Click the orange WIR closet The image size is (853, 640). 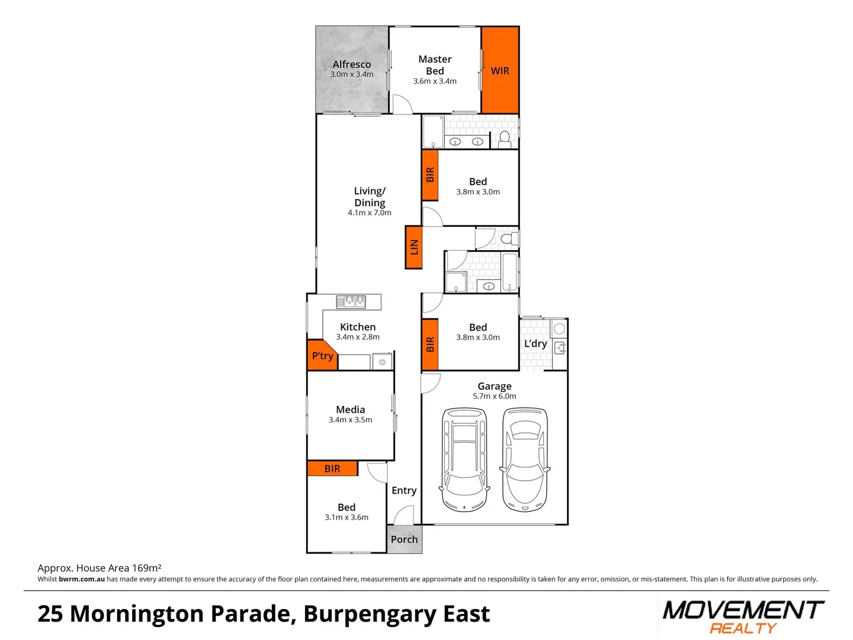pyautogui.click(x=500, y=70)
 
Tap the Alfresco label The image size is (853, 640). pyautogui.click(x=351, y=64)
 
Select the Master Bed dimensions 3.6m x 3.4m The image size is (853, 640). pyautogui.click(x=435, y=81)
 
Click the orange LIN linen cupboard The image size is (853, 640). pyautogui.click(x=413, y=247)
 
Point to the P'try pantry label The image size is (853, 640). pyautogui.click(x=322, y=356)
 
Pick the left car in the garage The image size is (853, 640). pyautogui.click(x=464, y=459)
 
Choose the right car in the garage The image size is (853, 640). pyautogui.click(x=525, y=459)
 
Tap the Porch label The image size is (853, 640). pyautogui.click(x=404, y=539)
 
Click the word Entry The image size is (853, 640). pyautogui.click(x=404, y=490)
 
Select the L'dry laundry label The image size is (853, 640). pyautogui.click(x=535, y=344)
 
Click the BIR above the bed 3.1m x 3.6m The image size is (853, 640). pyautogui.click(x=332, y=469)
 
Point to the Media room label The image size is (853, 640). pyautogui.click(x=351, y=409)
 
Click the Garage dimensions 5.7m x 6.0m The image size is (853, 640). pyautogui.click(x=495, y=396)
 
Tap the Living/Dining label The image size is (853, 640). pyautogui.click(x=370, y=197)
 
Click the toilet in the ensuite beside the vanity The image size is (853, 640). pyautogui.click(x=505, y=139)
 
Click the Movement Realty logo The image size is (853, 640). pyautogui.click(x=743, y=617)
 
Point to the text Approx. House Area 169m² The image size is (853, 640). pyautogui.click(x=100, y=568)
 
